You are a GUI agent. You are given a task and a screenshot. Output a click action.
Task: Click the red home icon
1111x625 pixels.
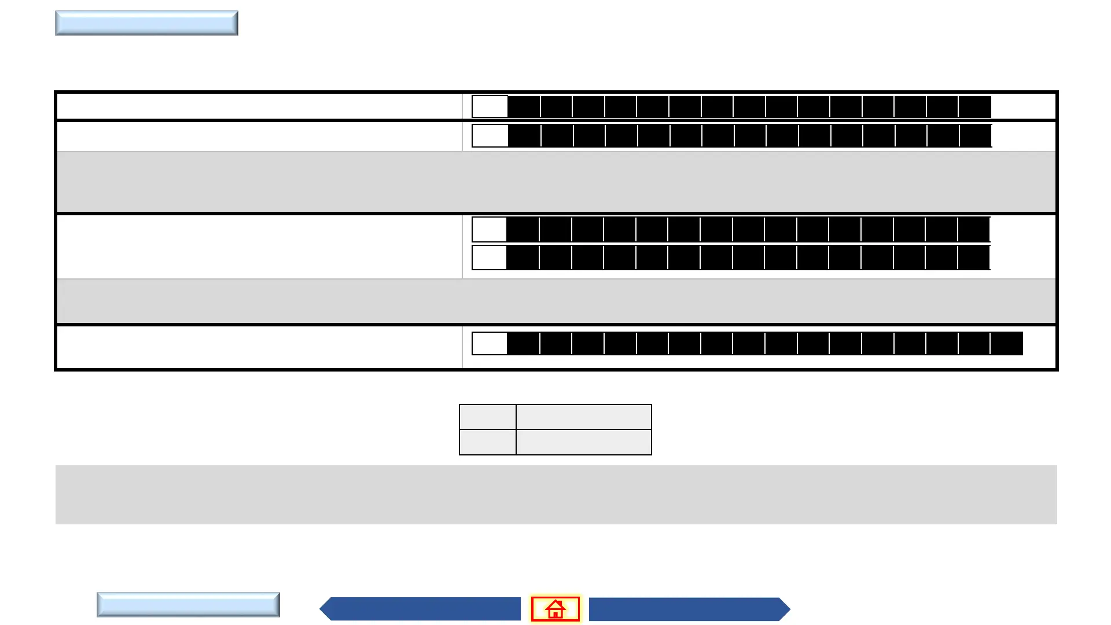pyautogui.click(x=555, y=609)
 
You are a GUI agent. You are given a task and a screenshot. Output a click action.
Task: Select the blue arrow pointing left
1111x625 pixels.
pyautogui.click(x=421, y=609)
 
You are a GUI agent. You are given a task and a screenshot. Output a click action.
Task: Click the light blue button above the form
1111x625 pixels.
pyautogui.click(x=146, y=23)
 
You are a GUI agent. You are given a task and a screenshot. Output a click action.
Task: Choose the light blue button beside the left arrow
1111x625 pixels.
pyautogui.click(x=188, y=605)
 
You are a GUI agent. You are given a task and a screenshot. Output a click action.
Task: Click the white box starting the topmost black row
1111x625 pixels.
pyautogui.click(x=490, y=107)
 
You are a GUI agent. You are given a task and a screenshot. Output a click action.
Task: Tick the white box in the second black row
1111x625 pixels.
pyautogui.click(x=490, y=136)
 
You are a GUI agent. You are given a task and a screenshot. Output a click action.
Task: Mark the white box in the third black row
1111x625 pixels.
pyautogui.click(x=489, y=230)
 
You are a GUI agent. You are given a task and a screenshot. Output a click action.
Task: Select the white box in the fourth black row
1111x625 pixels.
pyautogui.click(x=489, y=258)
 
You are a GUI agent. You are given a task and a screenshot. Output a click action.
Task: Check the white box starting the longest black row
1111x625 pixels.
pyautogui.click(x=490, y=344)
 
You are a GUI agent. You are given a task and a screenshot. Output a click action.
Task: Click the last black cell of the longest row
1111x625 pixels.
pyautogui.click(x=1007, y=344)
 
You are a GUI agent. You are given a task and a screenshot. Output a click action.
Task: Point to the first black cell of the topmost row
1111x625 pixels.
pyautogui.click(x=524, y=107)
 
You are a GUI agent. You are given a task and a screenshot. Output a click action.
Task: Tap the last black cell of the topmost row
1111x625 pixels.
pyautogui.click(x=975, y=107)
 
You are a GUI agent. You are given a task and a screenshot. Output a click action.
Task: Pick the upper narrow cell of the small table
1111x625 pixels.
pyautogui.click(x=488, y=417)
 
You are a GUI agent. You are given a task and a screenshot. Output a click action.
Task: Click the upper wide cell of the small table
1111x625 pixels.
pyautogui.click(x=584, y=417)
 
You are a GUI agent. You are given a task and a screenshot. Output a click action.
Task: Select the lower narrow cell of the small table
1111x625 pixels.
pyautogui.click(x=488, y=442)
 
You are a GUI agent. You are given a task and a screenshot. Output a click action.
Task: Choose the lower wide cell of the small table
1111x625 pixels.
pyautogui.click(x=584, y=442)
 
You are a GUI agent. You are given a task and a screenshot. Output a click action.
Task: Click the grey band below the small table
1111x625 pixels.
pyautogui.click(x=556, y=495)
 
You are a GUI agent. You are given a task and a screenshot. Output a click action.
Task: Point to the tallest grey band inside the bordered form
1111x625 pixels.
pyautogui.click(x=556, y=182)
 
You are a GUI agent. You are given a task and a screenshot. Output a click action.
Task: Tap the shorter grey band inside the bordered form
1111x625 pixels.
pyautogui.click(x=556, y=301)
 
